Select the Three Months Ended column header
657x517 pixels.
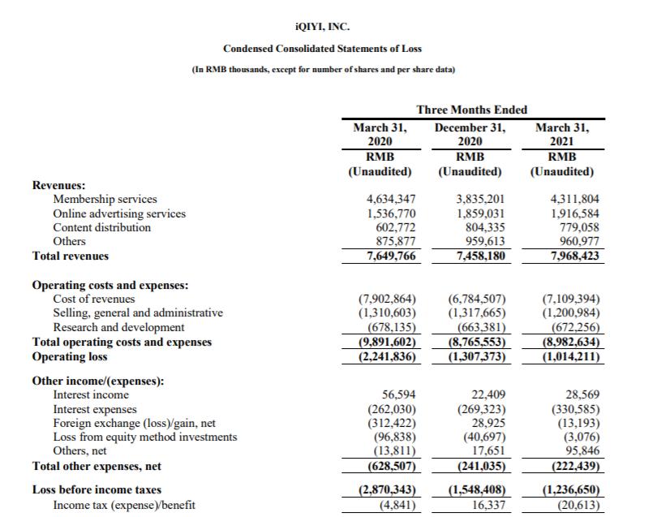tap(471, 110)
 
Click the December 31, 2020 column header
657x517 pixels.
tap(470, 136)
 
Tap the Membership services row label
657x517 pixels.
tap(105, 199)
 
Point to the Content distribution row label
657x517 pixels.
tap(101, 227)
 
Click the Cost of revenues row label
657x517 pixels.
tap(94, 299)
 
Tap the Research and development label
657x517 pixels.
tap(118, 328)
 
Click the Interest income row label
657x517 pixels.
tap(91, 394)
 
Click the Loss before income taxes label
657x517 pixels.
tap(97, 489)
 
